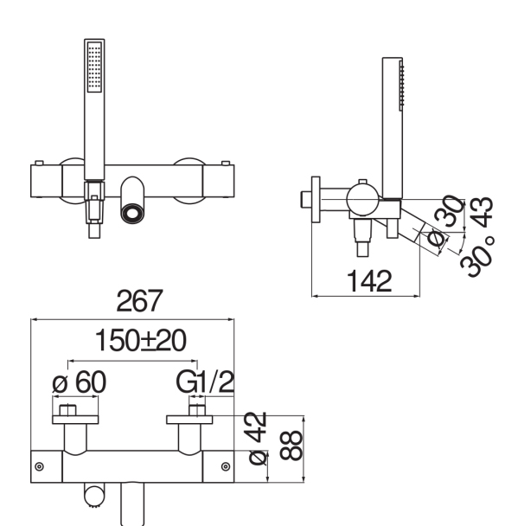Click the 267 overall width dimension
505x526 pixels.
[x=139, y=301]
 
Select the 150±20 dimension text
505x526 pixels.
[x=140, y=341]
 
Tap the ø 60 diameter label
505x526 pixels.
[x=80, y=382]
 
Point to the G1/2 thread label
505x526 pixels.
[x=205, y=382]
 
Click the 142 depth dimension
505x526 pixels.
[x=369, y=281]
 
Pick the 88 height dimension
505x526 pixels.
[x=291, y=446]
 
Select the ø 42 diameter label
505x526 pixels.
[x=258, y=438]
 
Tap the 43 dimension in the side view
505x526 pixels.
[x=481, y=213]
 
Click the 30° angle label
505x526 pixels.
[x=477, y=257]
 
